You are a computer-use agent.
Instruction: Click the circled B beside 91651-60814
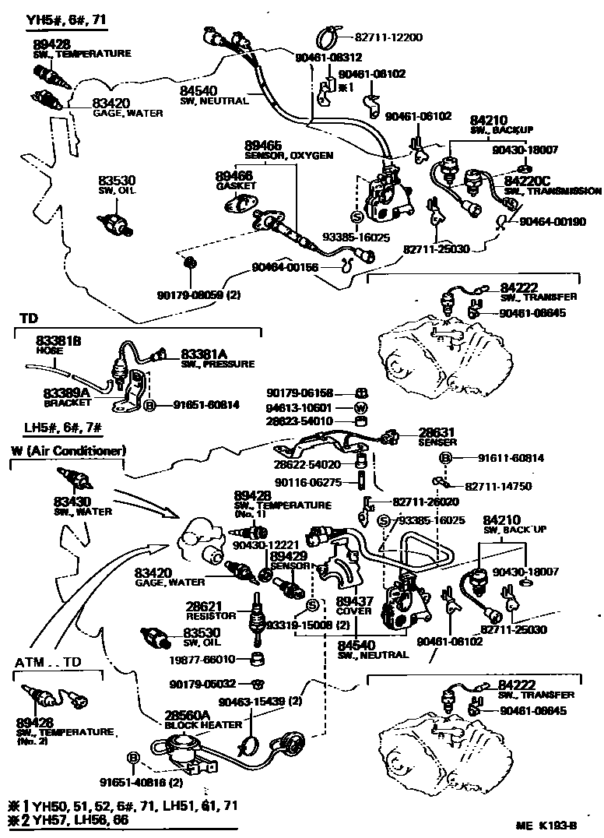150,405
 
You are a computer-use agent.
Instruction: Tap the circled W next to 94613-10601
360,407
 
